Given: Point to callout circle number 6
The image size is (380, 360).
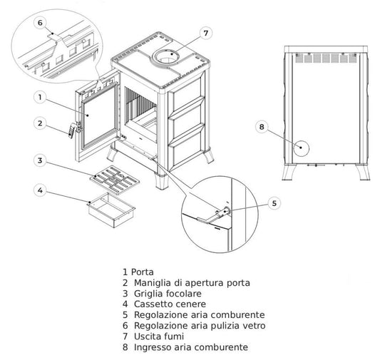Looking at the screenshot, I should [40, 22].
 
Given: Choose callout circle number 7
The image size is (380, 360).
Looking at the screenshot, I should [205, 33].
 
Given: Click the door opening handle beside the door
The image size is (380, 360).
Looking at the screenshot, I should [71, 130].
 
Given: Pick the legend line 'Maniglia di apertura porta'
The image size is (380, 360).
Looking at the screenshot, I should [187, 283].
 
